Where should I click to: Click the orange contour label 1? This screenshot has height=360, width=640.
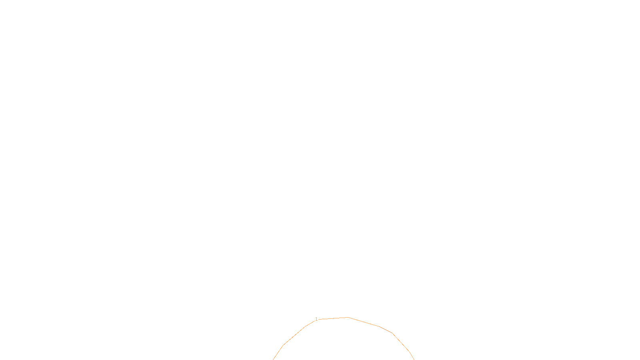click(316, 319)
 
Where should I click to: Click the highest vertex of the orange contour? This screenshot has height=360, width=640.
click(348, 317)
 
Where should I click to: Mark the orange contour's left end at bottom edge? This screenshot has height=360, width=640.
click(273, 359)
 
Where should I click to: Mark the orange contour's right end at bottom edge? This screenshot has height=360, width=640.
click(414, 359)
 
